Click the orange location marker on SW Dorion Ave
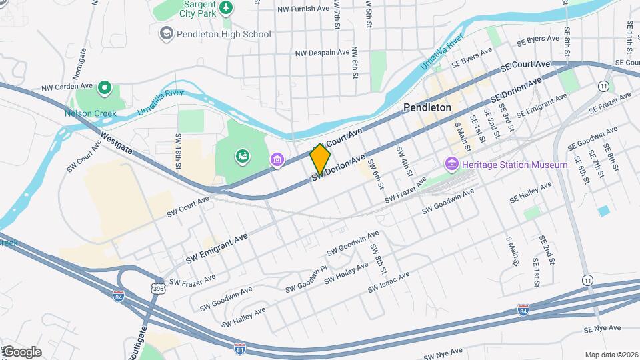(x=320, y=159)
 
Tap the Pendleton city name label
(x=427, y=107)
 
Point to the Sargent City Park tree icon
(x=227, y=7)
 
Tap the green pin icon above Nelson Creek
(x=105, y=87)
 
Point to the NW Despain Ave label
(x=322, y=52)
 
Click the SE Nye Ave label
(x=602, y=328)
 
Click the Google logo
(x=21, y=351)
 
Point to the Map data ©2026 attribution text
(x=611, y=355)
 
